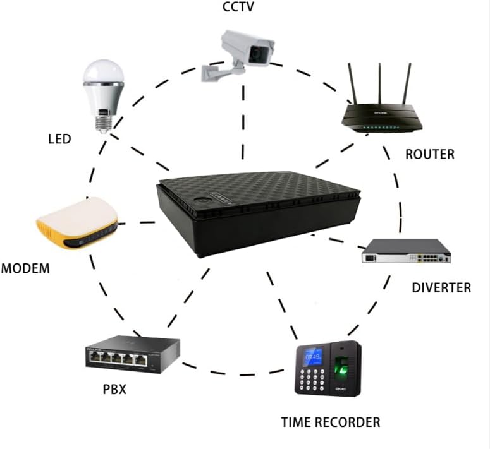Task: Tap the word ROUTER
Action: click(x=430, y=153)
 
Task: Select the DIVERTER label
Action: click(x=441, y=288)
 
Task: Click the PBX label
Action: click(x=114, y=389)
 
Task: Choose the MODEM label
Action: click(x=25, y=268)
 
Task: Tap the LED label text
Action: click(x=59, y=139)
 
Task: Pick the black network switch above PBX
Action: click(x=133, y=355)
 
